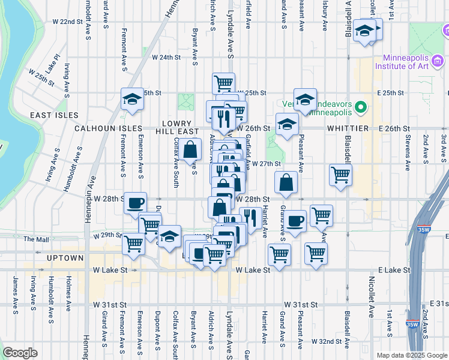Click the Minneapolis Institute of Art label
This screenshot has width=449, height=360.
406,62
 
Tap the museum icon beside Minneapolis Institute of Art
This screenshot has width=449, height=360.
438,61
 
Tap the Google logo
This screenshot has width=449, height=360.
20,353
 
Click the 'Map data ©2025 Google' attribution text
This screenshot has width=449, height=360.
412,355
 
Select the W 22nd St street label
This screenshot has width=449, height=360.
67,22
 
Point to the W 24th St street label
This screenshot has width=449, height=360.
166,58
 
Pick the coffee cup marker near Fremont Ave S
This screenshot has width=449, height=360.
135,202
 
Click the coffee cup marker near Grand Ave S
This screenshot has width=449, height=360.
295,220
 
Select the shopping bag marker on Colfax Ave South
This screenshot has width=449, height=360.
190,150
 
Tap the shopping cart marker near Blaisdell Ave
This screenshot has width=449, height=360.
340,175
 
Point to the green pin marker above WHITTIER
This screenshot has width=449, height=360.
360,109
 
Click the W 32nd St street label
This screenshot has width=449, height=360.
326,341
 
